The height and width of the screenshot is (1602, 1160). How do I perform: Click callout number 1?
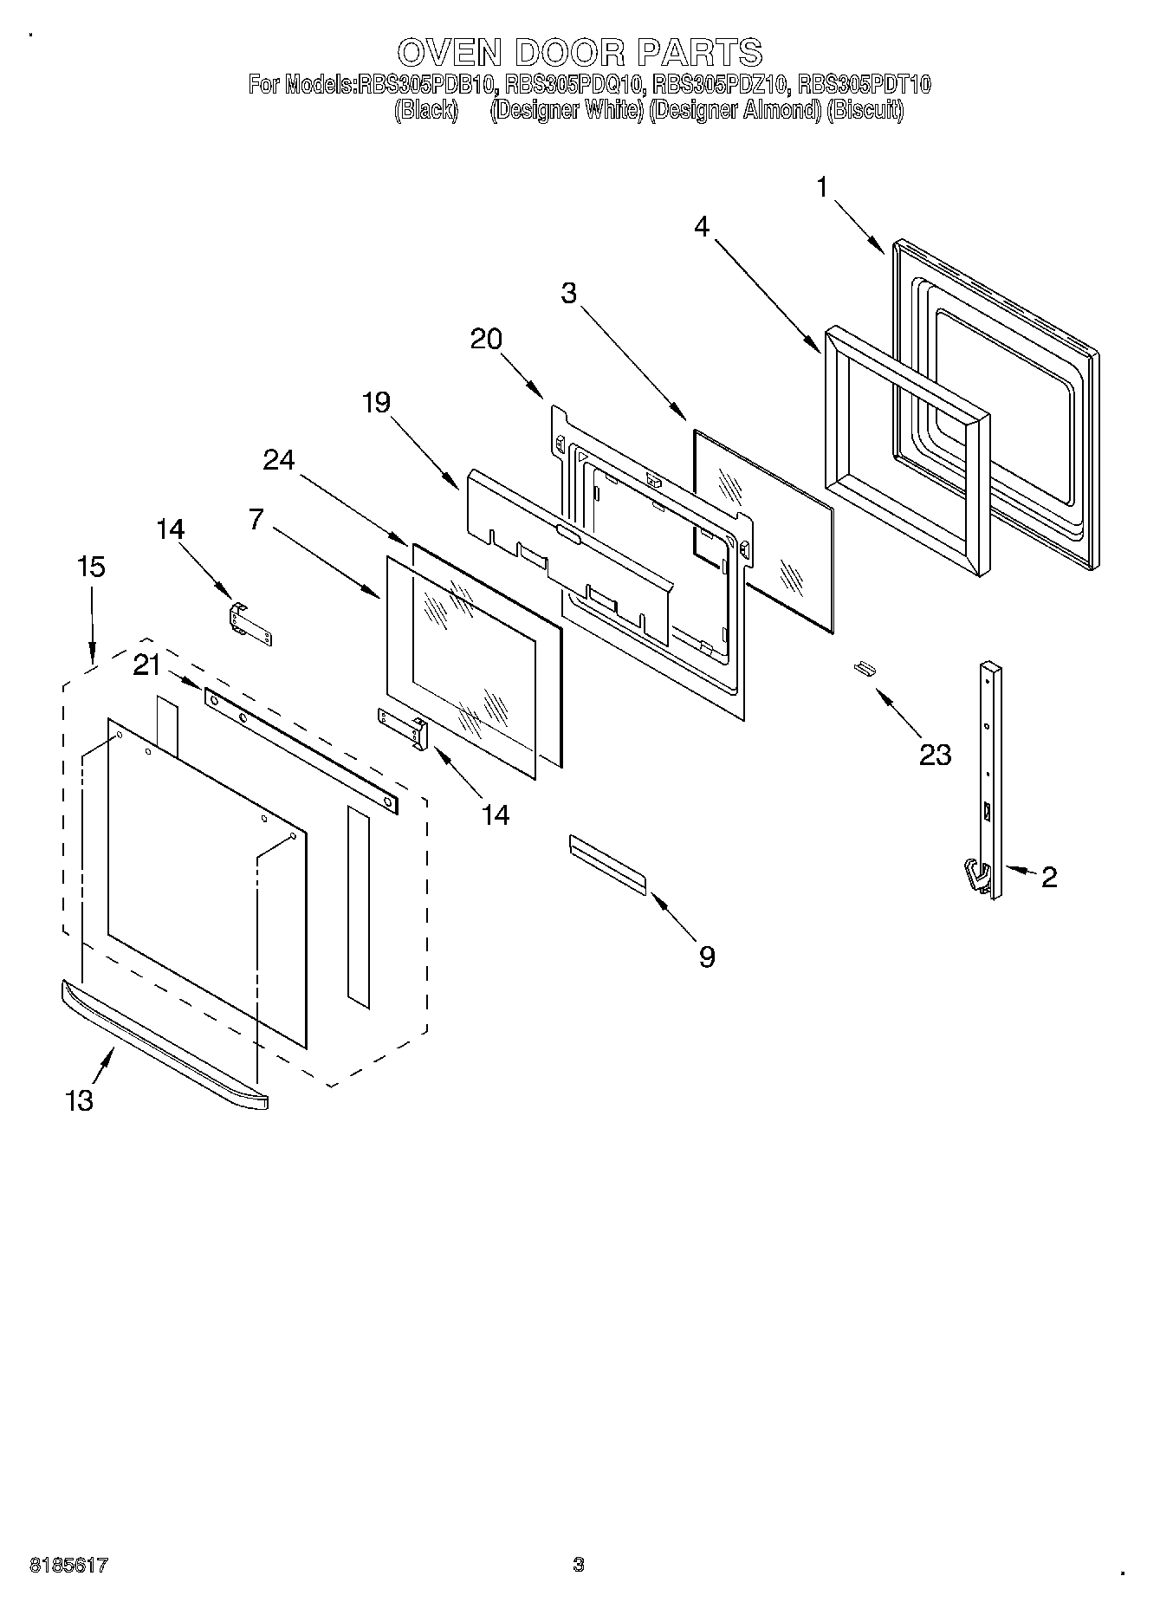click(x=822, y=186)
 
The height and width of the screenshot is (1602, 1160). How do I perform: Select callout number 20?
click(x=486, y=339)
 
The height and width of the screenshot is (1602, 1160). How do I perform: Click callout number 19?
click(x=376, y=402)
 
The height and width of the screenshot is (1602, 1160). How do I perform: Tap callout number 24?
click(x=279, y=460)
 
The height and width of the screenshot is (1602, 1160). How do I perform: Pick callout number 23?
click(x=935, y=755)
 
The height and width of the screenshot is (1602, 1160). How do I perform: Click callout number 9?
click(x=706, y=957)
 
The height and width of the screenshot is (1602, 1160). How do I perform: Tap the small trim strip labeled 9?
click(x=607, y=864)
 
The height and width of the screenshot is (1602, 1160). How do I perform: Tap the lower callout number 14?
click(x=496, y=814)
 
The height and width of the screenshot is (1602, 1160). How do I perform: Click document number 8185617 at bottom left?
click(x=68, y=1565)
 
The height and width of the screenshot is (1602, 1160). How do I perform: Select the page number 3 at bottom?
click(x=578, y=1565)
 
